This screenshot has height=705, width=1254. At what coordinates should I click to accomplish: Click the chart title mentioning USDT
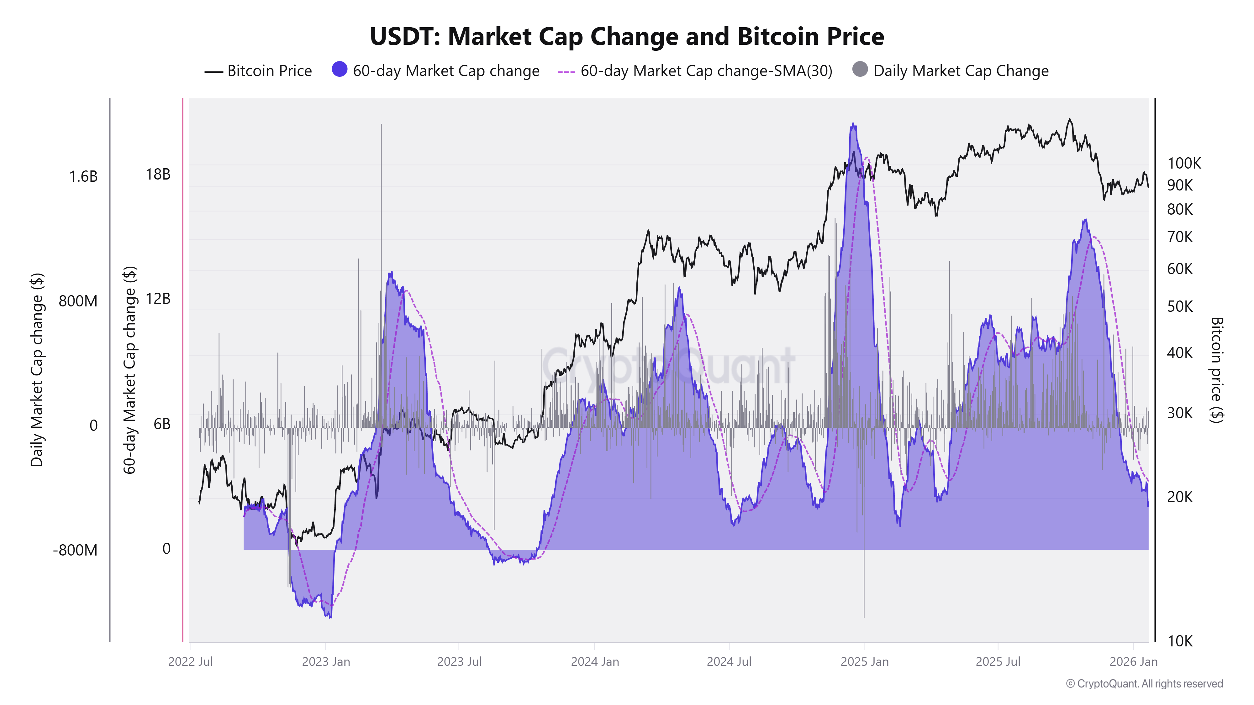coord(626,36)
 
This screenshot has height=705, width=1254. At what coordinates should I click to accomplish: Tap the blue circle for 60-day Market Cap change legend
coord(339,70)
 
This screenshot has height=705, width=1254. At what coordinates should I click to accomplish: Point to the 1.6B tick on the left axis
coord(83,177)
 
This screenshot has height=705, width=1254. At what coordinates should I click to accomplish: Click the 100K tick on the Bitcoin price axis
coord(1184,164)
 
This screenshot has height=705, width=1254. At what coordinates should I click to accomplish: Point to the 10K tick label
coord(1180,641)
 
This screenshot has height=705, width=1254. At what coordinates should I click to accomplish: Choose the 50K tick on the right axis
coord(1180,306)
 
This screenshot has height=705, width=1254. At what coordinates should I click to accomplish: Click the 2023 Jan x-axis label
coord(326,662)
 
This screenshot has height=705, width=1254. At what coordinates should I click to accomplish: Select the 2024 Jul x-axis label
coord(729,662)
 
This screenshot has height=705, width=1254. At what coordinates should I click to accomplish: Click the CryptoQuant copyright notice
coord(1144,684)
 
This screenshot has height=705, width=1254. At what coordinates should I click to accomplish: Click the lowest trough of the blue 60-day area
coord(330,617)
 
